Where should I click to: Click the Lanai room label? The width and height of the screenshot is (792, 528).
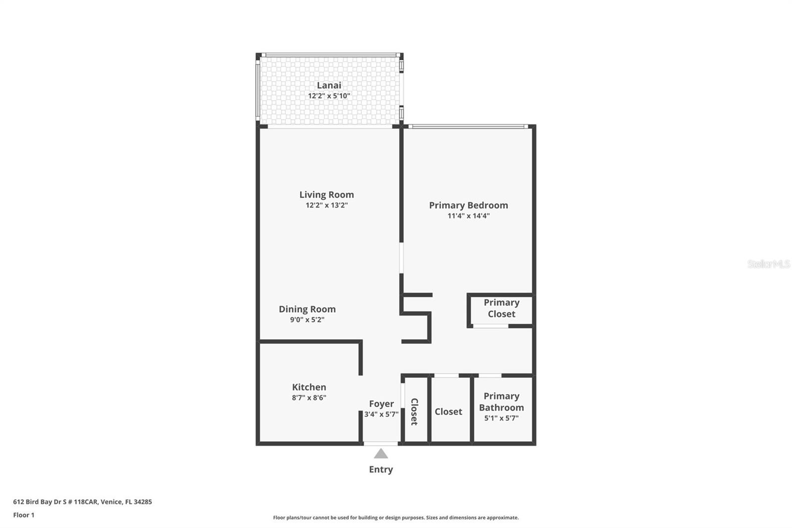[x=329, y=85]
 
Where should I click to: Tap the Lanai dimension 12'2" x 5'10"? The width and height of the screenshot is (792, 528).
[x=329, y=96]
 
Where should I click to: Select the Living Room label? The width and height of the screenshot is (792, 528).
[x=326, y=195]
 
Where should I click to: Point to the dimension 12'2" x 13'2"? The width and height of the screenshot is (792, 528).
[x=326, y=205]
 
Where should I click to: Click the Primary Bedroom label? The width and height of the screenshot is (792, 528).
[x=468, y=205]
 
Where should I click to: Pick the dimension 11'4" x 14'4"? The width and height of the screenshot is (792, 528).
[x=468, y=215]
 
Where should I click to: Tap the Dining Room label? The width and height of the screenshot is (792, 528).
[x=307, y=309]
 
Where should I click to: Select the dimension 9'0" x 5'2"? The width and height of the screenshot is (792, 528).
[x=307, y=319]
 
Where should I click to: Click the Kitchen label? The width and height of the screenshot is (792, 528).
[x=309, y=387]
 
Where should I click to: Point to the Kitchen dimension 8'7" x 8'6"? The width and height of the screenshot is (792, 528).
[x=309, y=397]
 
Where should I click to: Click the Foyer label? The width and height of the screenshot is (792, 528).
[x=381, y=404]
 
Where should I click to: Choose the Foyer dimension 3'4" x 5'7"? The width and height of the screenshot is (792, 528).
[x=381, y=414]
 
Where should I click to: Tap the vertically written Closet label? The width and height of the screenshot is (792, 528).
[x=414, y=411]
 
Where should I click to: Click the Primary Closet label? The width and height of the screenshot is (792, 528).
[x=501, y=308]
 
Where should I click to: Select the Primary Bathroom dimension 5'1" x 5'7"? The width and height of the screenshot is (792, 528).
[x=501, y=418]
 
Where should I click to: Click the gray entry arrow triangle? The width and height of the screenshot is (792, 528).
[x=381, y=454]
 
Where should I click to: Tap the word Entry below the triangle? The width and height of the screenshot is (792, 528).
[x=381, y=469]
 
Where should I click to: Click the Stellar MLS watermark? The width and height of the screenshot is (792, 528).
[x=768, y=264]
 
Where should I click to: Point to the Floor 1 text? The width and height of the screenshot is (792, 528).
[x=24, y=515]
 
